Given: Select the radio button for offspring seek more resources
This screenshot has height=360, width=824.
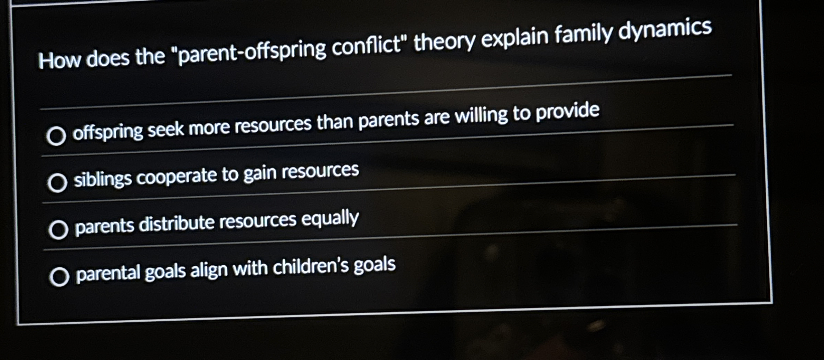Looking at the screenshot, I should tap(56, 135).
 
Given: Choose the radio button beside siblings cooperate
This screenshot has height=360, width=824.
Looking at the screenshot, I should tap(57, 182).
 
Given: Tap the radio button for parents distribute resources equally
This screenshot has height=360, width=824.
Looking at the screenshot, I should tap(58, 230).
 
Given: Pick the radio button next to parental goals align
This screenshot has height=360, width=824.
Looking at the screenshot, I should tap(59, 276).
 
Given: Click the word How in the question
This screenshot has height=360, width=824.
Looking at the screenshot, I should tap(59, 60).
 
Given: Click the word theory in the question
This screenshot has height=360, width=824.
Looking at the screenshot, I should tap(445, 41).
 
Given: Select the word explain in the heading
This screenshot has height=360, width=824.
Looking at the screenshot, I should tap(515, 38).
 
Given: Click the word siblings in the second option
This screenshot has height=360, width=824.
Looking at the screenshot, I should tap(103, 179).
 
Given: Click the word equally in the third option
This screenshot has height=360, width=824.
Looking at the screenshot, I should tap(330, 219).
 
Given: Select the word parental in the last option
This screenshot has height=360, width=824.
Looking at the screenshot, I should tap(107, 273).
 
